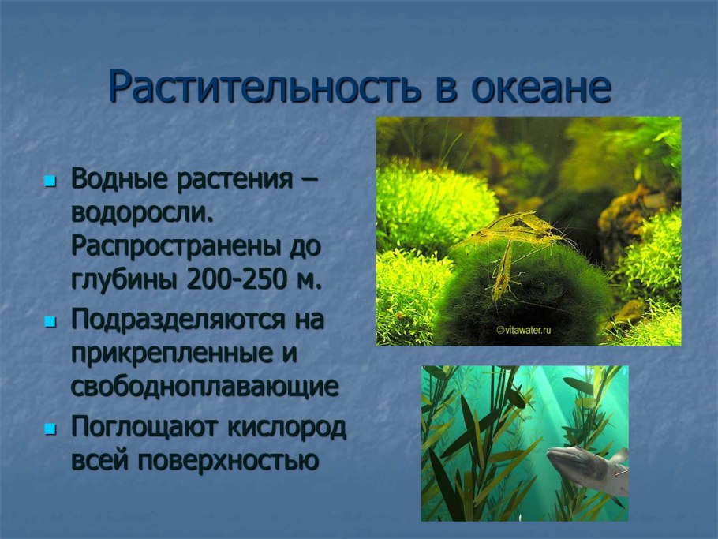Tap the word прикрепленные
point(170,354)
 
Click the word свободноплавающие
point(205,387)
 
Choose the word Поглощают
point(143,427)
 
